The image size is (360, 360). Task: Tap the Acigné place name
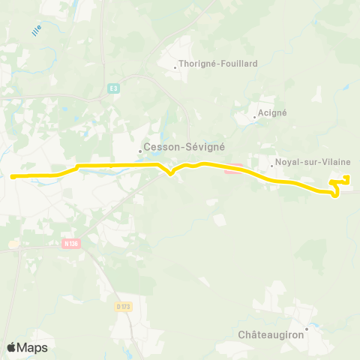tap(273, 112)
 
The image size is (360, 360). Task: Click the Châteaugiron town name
tap(271, 334)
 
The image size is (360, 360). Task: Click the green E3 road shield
tap(113, 88)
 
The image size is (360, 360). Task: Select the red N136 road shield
tap(71, 243)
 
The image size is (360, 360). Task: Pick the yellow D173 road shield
tap(124, 306)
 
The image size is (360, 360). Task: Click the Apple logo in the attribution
tap(11, 347)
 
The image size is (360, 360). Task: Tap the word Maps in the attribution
tap(32, 347)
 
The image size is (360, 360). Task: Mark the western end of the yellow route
tap(12, 177)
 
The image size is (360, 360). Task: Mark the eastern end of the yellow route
tap(347, 177)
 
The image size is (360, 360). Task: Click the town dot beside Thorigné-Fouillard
tap(175, 67)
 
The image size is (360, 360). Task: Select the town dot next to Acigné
tap(255, 116)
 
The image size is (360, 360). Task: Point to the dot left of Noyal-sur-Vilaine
tap(271, 165)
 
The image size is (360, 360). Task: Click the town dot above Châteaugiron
tap(307, 327)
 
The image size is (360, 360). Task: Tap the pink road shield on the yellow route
tap(232, 168)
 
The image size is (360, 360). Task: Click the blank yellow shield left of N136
tap(13, 243)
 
